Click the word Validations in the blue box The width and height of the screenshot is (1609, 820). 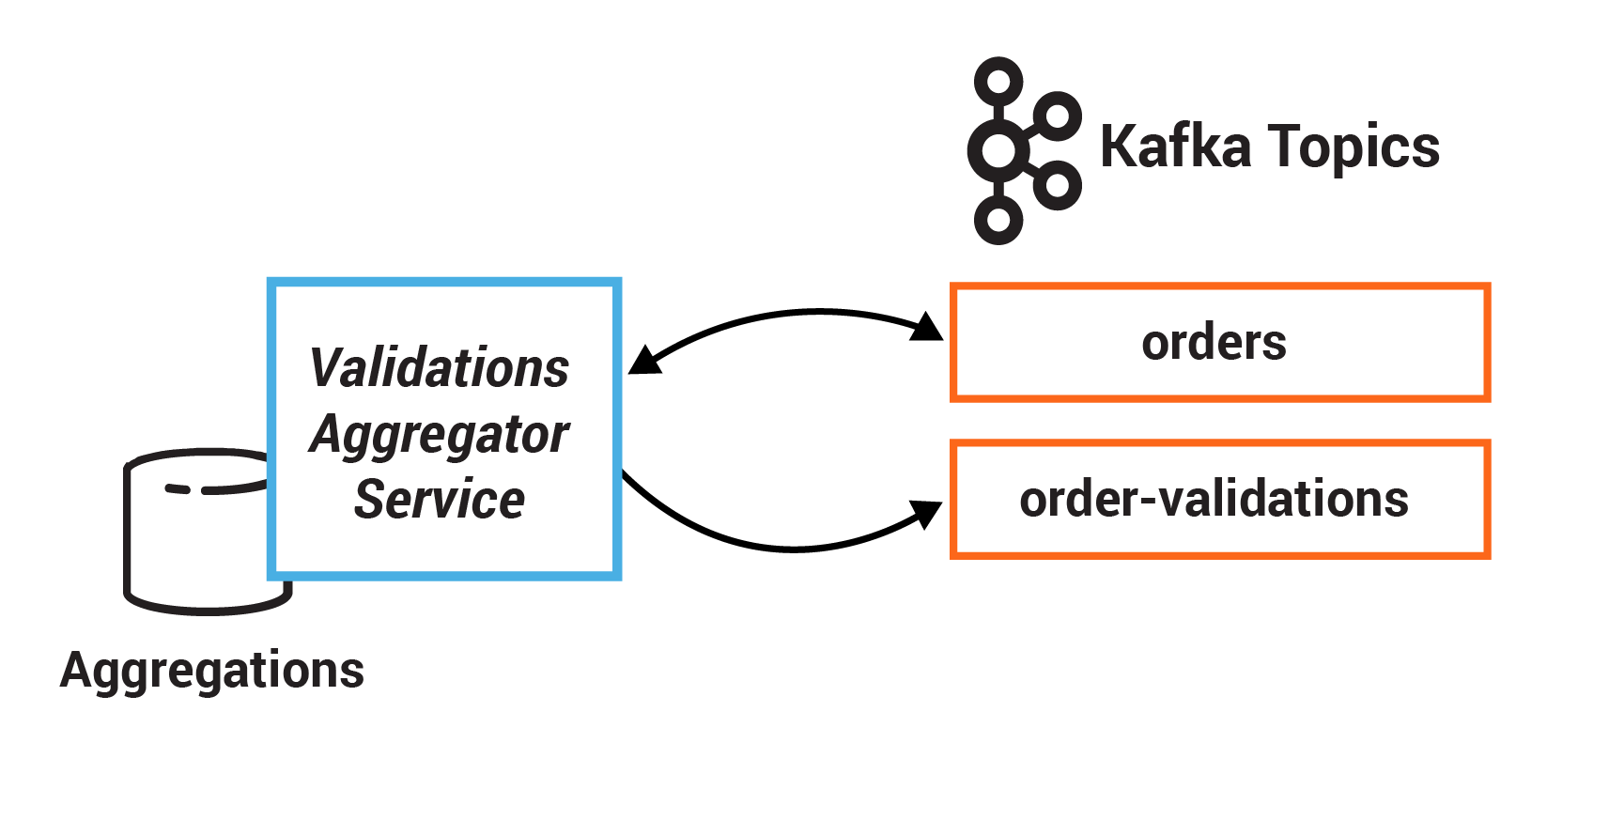[x=439, y=368]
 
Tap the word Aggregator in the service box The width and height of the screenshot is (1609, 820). [x=439, y=435]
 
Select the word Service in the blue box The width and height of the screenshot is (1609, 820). [x=439, y=500]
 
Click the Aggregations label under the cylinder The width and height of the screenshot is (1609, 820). [x=212, y=671]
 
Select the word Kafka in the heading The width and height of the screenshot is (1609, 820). [x=1175, y=147]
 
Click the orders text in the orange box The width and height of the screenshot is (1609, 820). [x=1214, y=343]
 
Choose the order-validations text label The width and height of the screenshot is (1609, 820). [x=1214, y=499]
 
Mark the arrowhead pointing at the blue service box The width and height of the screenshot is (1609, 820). [x=643, y=362]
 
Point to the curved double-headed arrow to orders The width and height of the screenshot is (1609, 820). [x=789, y=314]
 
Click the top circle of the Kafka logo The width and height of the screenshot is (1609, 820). [x=998, y=82]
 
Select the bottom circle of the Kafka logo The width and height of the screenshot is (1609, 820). [x=998, y=221]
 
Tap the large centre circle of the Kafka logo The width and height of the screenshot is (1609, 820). [x=998, y=150]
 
